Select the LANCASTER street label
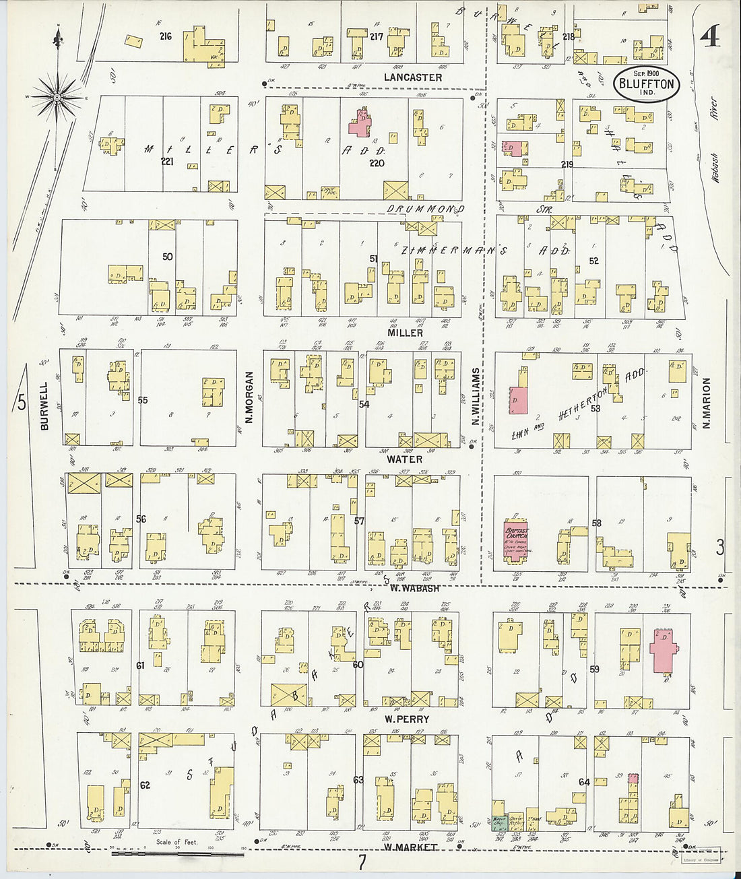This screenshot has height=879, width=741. [x=413, y=77]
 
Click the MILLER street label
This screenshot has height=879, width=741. [x=406, y=333]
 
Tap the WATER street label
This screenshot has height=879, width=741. [x=405, y=459]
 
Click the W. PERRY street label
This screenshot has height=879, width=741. [x=407, y=719]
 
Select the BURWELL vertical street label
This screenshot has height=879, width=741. [x=44, y=406]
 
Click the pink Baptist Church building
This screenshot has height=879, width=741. [x=517, y=541]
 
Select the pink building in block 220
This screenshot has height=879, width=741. [x=359, y=124]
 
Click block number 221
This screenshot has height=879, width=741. [x=167, y=162]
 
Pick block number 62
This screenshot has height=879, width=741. [x=145, y=785]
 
